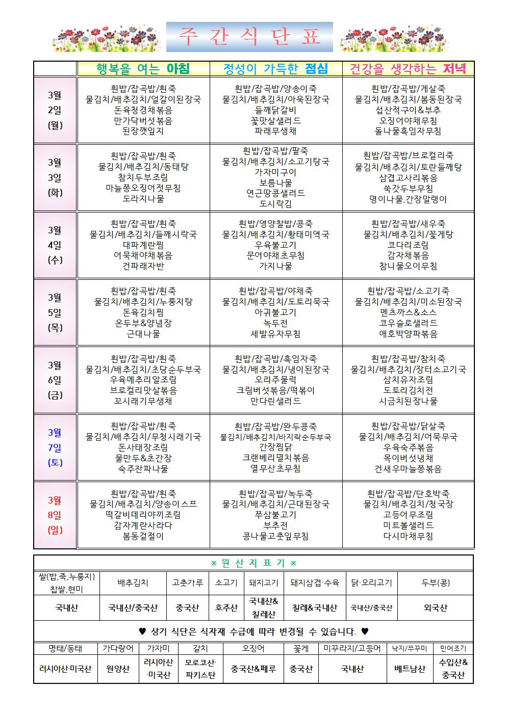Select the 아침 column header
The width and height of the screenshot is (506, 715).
point(143,68)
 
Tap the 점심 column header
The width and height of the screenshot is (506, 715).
point(275,68)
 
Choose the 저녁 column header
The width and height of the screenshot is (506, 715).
point(408,68)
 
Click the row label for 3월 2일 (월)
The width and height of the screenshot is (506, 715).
point(55,110)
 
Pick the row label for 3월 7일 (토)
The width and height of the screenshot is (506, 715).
point(55,447)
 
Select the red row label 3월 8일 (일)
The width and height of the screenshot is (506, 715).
point(55,515)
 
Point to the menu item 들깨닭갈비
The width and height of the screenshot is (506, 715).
point(275,110)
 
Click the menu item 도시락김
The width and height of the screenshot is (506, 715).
point(275,204)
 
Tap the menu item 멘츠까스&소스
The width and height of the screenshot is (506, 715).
point(408,312)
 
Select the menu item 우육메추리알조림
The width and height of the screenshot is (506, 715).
point(143,380)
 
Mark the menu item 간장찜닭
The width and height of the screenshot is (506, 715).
point(275,447)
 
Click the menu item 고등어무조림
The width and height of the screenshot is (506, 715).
point(408,515)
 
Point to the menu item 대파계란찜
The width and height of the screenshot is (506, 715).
point(143,245)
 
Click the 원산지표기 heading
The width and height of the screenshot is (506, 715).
point(254,563)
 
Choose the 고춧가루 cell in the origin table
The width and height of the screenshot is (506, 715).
point(188,582)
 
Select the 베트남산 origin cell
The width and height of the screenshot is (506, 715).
point(410,669)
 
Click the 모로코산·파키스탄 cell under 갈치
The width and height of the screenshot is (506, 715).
point(200,669)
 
